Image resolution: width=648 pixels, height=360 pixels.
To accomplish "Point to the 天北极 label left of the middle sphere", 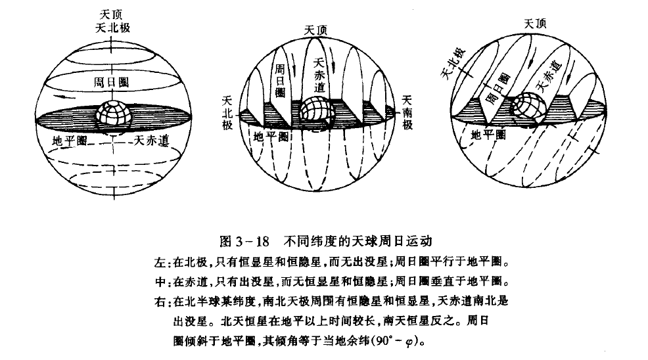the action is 228,112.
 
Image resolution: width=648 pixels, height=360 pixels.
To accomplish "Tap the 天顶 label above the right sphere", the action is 535,24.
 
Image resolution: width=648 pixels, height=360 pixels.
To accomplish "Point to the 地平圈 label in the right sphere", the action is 489,135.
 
